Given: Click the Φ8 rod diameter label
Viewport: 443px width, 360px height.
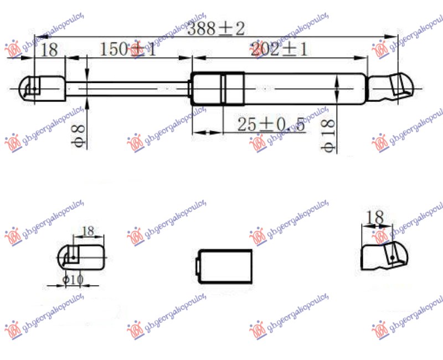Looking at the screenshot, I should tap(79, 135).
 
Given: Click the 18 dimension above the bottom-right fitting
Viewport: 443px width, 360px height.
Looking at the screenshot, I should tap(375, 218).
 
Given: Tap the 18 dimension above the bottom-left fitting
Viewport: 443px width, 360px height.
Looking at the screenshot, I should tap(87, 231).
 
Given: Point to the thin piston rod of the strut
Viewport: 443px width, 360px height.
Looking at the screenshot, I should tap(127, 88).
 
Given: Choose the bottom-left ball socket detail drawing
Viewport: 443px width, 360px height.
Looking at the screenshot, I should tap(80, 257).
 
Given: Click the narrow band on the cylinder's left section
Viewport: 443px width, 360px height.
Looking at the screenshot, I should tap(223, 88).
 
